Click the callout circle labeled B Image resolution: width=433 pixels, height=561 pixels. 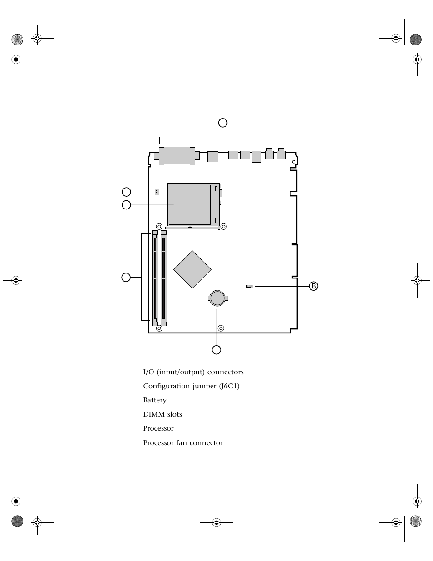313,286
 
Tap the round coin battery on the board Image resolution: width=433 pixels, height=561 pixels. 218,298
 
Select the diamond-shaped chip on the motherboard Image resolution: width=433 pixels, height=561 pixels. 192,269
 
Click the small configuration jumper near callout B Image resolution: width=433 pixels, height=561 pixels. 250,286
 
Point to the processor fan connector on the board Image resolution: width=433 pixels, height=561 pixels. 157,192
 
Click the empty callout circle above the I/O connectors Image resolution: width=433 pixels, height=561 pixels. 223,123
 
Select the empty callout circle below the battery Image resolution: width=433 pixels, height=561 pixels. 216,350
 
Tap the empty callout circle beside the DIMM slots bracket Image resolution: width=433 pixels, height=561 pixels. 126,278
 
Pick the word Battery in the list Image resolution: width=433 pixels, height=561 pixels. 155,400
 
